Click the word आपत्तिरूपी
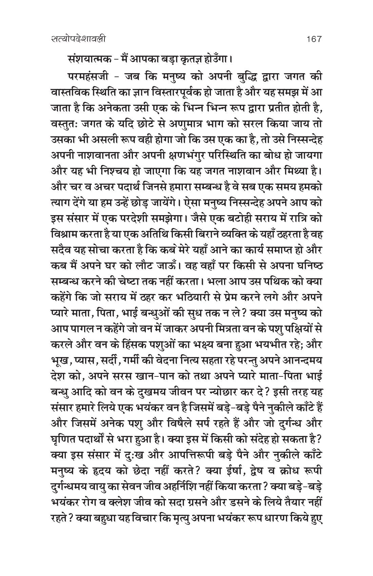click(x=186, y=430)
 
